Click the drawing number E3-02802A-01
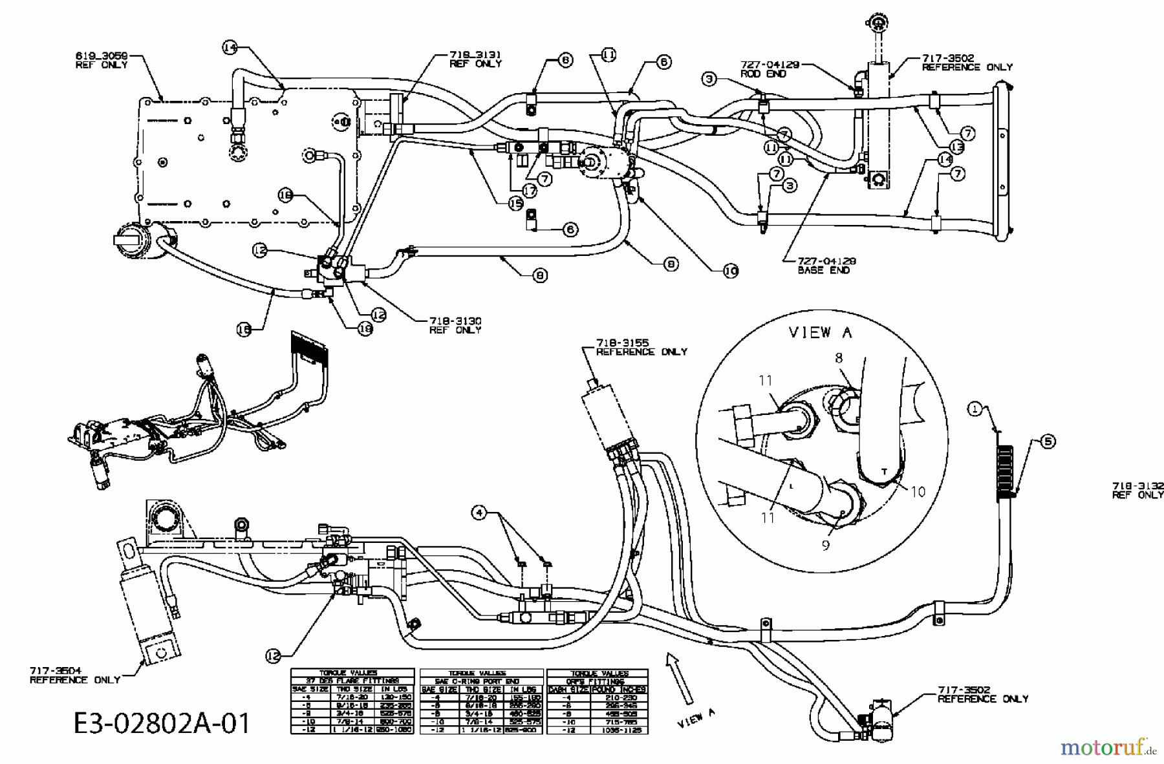(x=162, y=722)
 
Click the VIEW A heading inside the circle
(x=821, y=332)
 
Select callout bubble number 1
(x=975, y=408)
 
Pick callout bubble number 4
(x=479, y=513)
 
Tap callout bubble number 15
(x=515, y=203)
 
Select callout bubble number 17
(x=530, y=191)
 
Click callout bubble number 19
(x=365, y=328)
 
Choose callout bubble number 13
(x=956, y=147)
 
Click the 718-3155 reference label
(x=641, y=347)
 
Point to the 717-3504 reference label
(x=74, y=675)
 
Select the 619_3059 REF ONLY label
(x=102, y=60)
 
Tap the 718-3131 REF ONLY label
(x=475, y=59)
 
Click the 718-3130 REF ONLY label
(x=455, y=325)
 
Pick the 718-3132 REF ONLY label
(x=1137, y=490)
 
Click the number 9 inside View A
(x=825, y=545)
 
